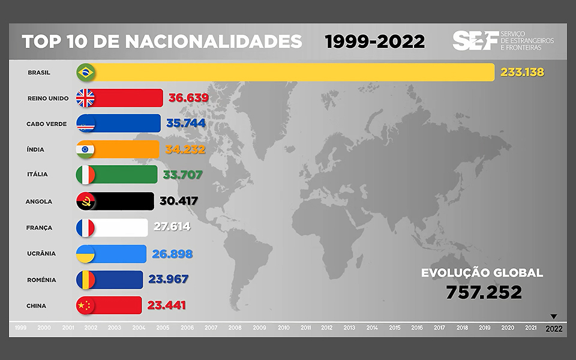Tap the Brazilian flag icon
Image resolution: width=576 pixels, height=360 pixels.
coord(86,73)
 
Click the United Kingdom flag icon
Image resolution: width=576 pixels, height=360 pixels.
coord(86,98)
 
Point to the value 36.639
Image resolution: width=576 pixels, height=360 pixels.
coord(188,98)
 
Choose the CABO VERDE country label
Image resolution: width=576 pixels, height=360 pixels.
coord(46,124)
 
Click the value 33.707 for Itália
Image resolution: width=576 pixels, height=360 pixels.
coord(184,175)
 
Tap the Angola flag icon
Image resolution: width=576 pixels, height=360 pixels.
coord(86,201)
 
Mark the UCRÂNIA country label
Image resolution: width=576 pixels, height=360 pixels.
coord(41,253)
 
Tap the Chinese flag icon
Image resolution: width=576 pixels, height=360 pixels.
coord(86,305)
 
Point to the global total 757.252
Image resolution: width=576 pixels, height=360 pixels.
coord(484,292)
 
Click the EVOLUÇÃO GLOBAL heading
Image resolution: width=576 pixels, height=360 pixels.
coord(482,273)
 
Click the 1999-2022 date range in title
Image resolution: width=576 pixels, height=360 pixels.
coord(374,41)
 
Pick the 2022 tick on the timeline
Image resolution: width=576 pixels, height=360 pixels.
coord(554,328)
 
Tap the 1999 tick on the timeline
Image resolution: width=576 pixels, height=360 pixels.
coord(20,328)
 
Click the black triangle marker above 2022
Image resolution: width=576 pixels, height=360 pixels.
coord(554,316)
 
